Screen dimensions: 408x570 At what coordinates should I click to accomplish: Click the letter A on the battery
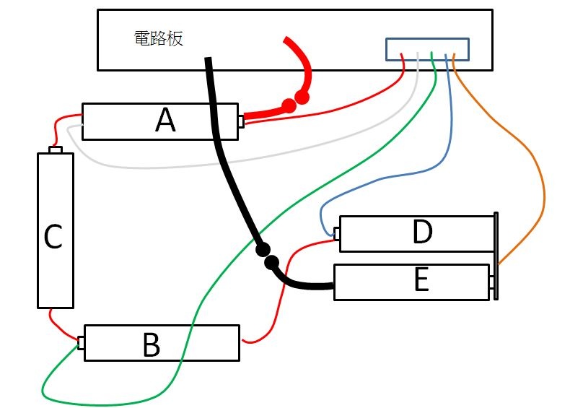pyautogui.click(x=165, y=121)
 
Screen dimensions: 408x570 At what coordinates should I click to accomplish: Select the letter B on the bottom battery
pyautogui.click(x=151, y=345)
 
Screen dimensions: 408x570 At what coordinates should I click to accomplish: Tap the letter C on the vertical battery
pyautogui.click(x=53, y=237)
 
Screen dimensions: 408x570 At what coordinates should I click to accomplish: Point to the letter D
pyautogui.click(x=422, y=233)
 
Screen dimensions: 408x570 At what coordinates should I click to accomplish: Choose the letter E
pyautogui.click(x=422, y=280)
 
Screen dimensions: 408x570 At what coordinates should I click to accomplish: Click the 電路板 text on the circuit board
pyautogui.click(x=159, y=38)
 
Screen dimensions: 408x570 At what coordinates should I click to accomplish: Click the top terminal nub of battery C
pyautogui.click(x=56, y=149)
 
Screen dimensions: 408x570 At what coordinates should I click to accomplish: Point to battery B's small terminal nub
pyautogui.click(x=82, y=342)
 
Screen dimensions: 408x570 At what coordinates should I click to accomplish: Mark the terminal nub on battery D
pyautogui.click(x=336, y=233)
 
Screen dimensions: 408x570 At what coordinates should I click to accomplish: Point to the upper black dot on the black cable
pyautogui.click(x=262, y=250)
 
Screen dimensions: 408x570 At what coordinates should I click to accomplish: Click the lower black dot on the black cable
pyautogui.click(x=272, y=262)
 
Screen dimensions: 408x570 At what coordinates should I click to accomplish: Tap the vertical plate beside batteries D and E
pyautogui.click(x=496, y=256)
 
